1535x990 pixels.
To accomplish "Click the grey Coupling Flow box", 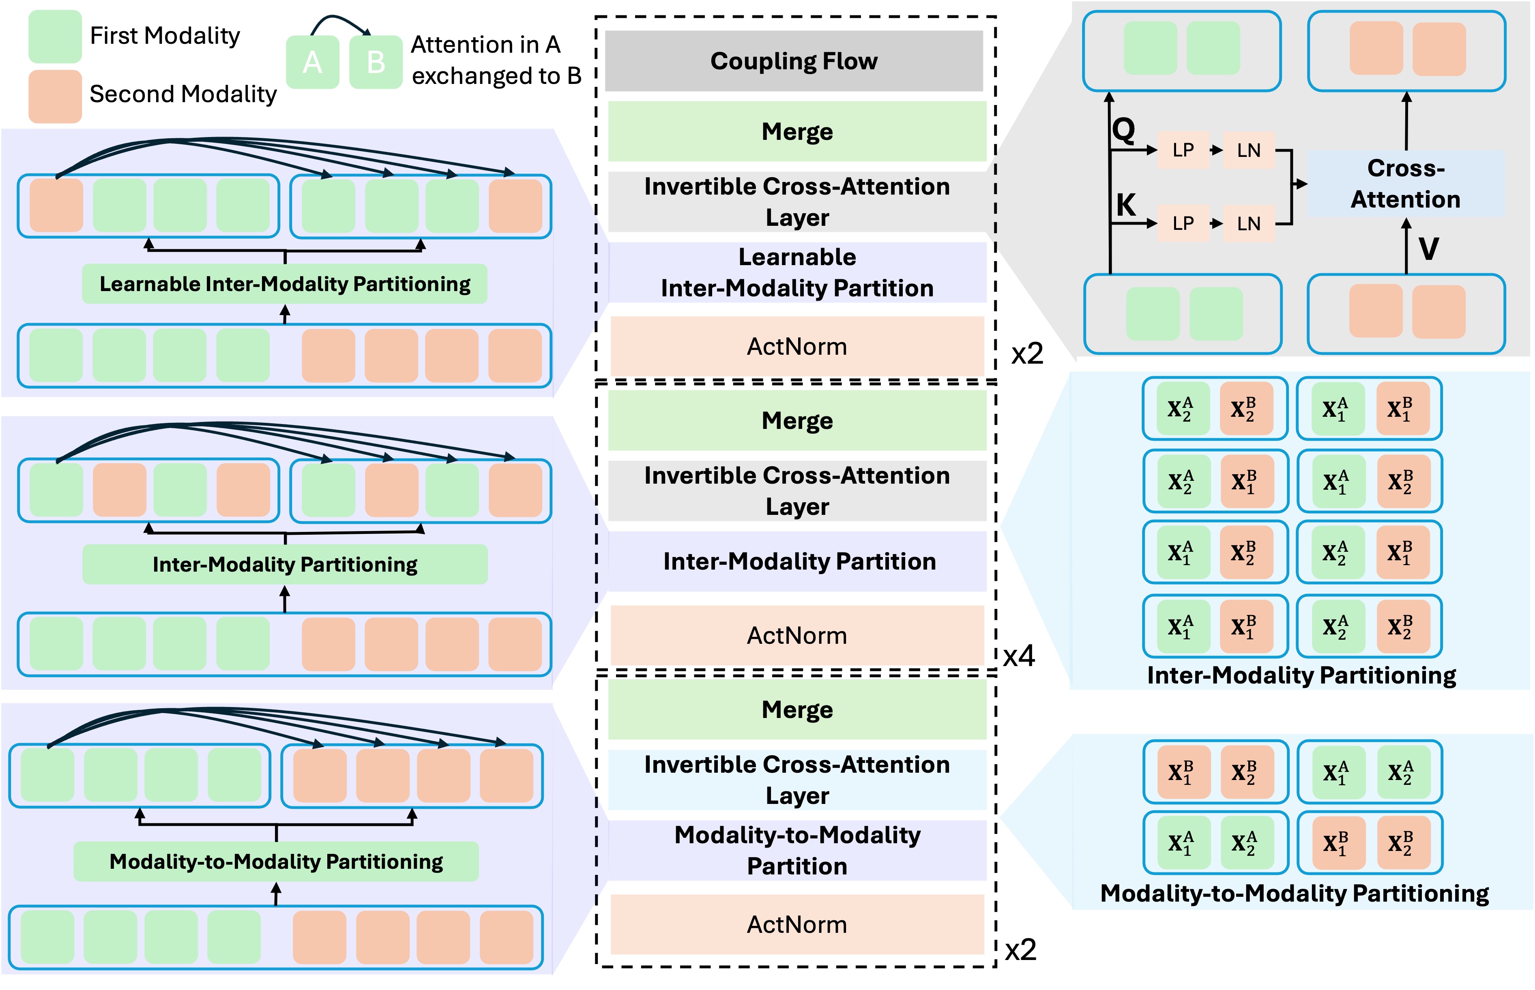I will tap(794, 61).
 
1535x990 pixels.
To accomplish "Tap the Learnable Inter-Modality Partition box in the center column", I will tap(797, 272).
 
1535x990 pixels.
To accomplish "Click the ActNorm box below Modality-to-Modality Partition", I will tap(797, 924).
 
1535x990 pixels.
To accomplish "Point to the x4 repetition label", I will tap(1019, 656).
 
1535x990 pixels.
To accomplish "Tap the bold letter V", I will tap(1428, 249).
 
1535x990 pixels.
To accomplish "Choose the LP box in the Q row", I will tap(1183, 150).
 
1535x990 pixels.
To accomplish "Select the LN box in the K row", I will tap(1248, 224).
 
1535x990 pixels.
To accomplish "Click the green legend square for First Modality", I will tap(55, 36).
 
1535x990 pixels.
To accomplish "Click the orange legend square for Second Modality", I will tap(55, 96).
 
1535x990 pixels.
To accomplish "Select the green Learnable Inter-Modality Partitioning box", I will tap(284, 283).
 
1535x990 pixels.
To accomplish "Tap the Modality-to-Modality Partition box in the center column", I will tap(797, 851).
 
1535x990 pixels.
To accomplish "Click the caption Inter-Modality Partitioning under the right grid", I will tap(1301, 676).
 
